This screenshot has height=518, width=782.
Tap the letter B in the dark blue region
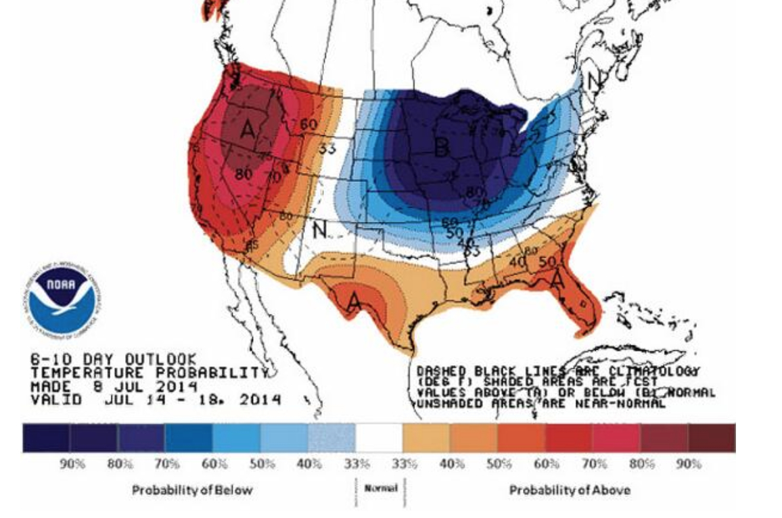(x=442, y=147)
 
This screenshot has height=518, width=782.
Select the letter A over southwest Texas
(x=354, y=300)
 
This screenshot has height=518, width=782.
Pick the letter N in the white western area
(x=319, y=230)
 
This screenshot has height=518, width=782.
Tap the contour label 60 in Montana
(x=308, y=124)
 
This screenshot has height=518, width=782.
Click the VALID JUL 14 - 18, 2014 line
(x=155, y=399)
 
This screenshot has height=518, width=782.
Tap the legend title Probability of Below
(x=192, y=490)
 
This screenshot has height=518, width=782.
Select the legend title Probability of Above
(x=569, y=490)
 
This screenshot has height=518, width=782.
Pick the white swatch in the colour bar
(x=379, y=438)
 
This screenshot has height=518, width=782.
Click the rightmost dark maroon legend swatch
(x=712, y=438)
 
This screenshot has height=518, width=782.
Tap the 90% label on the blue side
(x=72, y=465)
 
